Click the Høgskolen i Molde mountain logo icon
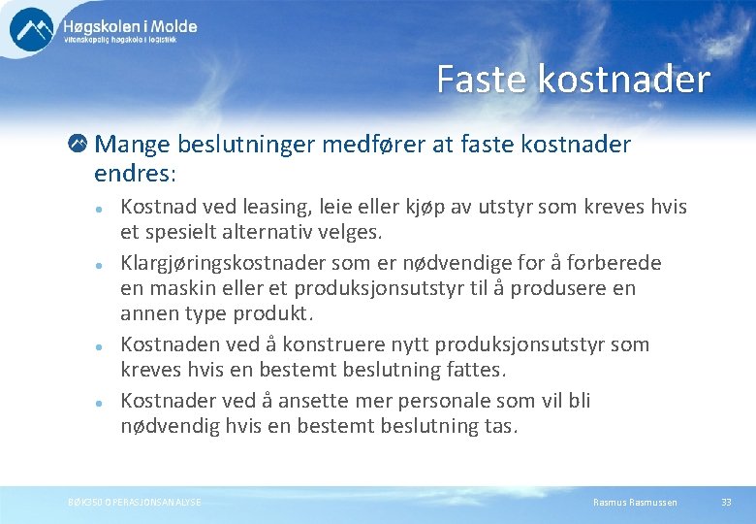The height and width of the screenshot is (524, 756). (32, 28)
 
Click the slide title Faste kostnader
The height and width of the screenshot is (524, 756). (573, 80)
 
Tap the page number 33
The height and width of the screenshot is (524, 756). (726, 502)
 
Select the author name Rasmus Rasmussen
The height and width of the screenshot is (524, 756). (635, 502)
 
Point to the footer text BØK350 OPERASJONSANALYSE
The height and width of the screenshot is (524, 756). (135, 502)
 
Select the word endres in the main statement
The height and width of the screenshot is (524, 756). (132, 174)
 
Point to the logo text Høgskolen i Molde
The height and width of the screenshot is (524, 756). (130, 26)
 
